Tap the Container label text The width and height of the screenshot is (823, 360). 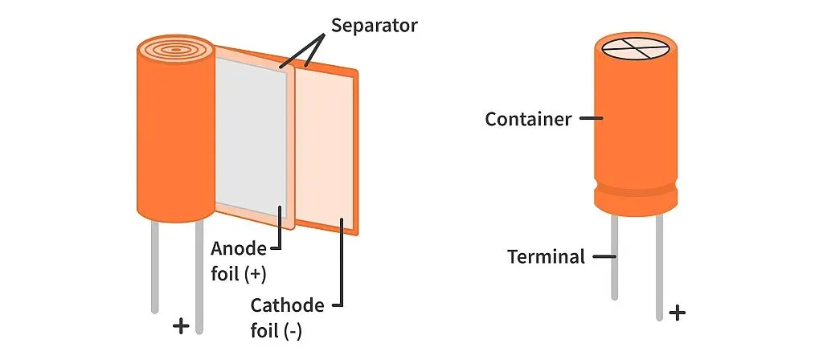528,119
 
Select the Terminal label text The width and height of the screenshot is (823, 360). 546,257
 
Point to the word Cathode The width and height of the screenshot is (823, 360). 287,305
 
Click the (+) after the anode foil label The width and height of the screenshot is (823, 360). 255,273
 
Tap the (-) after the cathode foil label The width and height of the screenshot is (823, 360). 290,330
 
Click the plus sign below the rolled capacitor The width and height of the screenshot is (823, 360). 182,325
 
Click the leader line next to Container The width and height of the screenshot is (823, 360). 591,119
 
